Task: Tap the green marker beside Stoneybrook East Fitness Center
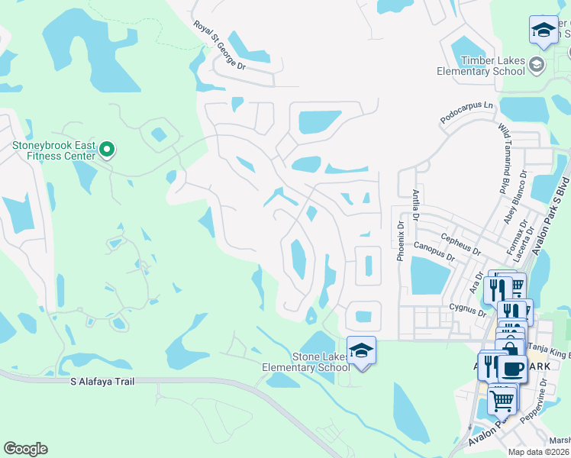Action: click(x=107, y=150)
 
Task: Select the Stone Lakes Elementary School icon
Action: click(x=362, y=350)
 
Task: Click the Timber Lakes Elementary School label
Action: click(x=481, y=66)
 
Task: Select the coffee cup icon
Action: click(x=511, y=368)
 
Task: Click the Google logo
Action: click(x=25, y=449)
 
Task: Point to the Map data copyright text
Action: click(x=539, y=452)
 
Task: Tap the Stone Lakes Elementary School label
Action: click(x=315, y=362)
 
